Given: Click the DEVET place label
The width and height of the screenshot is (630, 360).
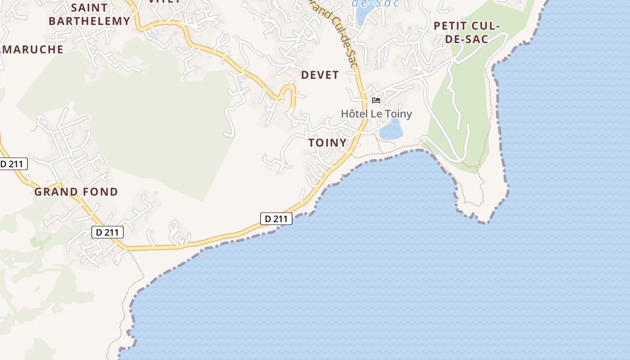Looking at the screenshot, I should point(319,75).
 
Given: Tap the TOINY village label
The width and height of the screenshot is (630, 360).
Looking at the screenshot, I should point(328,143).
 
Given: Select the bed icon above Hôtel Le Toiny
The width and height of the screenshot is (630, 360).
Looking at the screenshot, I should point(376,100).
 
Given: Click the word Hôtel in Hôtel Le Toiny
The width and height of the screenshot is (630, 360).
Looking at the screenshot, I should point(354,114).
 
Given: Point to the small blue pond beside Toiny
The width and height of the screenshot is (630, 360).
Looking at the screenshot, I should point(391,130).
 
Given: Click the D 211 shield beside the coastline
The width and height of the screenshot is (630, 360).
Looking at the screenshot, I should point(276,219).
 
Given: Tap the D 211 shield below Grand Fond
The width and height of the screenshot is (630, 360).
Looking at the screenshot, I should point(108,232).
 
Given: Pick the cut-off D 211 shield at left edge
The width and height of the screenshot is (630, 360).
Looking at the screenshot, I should point(13,164).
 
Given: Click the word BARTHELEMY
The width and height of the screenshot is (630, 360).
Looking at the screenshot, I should point(89,21).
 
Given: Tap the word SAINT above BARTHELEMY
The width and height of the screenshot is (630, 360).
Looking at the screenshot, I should point(90,8).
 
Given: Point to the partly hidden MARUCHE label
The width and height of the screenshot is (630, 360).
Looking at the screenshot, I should point(32,49).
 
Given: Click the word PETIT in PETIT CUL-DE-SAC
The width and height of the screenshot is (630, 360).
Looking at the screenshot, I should point(452,26).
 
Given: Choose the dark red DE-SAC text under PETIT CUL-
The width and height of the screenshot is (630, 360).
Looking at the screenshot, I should point(467,39).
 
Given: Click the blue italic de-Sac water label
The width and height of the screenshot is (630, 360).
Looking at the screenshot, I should point(375,4).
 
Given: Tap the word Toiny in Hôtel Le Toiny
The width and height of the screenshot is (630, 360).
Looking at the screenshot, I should point(398,114).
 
